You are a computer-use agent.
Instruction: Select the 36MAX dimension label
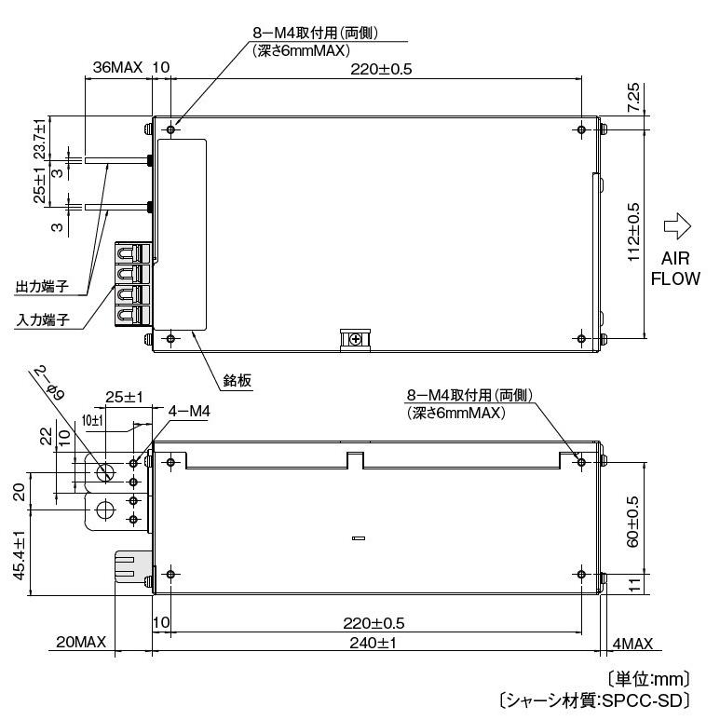[x=117, y=68]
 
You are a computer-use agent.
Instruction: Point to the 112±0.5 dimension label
[x=632, y=232]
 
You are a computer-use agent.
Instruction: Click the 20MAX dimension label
[x=81, y=643]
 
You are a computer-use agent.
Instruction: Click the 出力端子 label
[x=43, y=285]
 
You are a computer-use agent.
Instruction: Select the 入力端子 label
[x=43, y=319]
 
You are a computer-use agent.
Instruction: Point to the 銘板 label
[x=238, y=380]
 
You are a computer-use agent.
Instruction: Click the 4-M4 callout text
[x=190, y=409]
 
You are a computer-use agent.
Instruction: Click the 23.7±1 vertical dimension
[x=40, y=137]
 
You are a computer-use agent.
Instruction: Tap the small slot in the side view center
[x=359, y=538]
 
